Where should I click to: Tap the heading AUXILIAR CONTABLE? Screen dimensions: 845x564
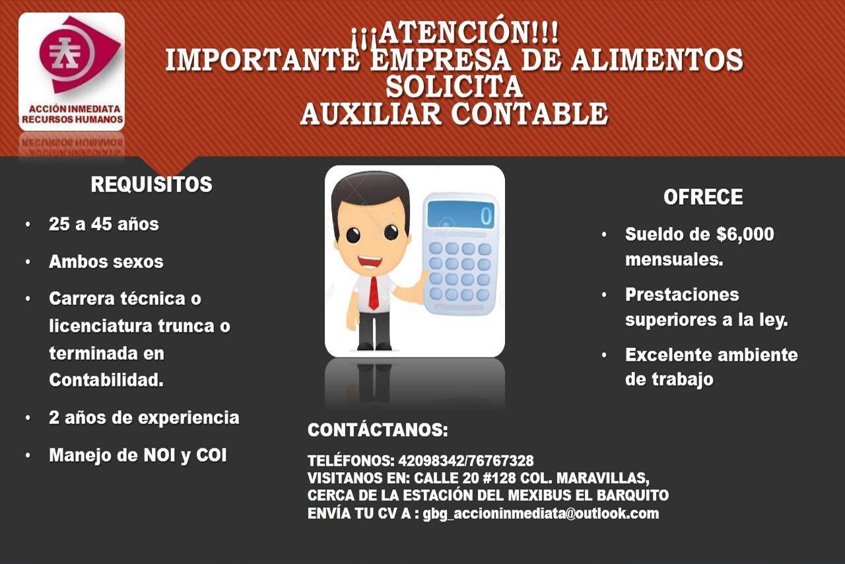(454, 114)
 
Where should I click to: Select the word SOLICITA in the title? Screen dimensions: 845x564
(454, 87)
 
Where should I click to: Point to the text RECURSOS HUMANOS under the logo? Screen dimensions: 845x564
(72, 120)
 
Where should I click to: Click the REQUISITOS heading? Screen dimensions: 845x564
(151, 185)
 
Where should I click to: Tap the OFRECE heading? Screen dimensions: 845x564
(703, 197)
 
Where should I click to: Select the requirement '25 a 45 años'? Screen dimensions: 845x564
(104, 225)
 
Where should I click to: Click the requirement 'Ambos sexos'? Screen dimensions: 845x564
(106, 262)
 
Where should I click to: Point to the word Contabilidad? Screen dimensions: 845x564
(106, 380)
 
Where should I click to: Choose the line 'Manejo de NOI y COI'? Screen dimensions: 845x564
(138, 455)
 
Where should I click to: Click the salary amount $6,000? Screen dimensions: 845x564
(745, 234)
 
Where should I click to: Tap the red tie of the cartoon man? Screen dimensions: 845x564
(374, 293)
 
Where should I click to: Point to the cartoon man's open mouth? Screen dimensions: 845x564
(370, 261)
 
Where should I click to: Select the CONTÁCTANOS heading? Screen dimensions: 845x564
(378, 430)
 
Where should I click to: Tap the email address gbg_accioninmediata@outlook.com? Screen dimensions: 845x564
(541, 514)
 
